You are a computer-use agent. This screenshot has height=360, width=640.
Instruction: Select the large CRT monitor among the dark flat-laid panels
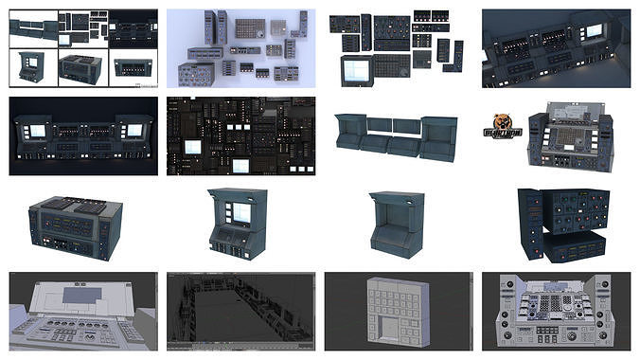pyautogui.click(x=357, y=68)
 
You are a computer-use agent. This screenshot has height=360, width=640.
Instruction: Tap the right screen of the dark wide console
pyautogui.click(x=135, y=130)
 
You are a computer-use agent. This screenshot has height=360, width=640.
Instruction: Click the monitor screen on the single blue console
pyautogui.click(x=241, y=214)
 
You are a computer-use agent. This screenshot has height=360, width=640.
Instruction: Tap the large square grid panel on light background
pyautogui.click(x=248, y=30)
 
